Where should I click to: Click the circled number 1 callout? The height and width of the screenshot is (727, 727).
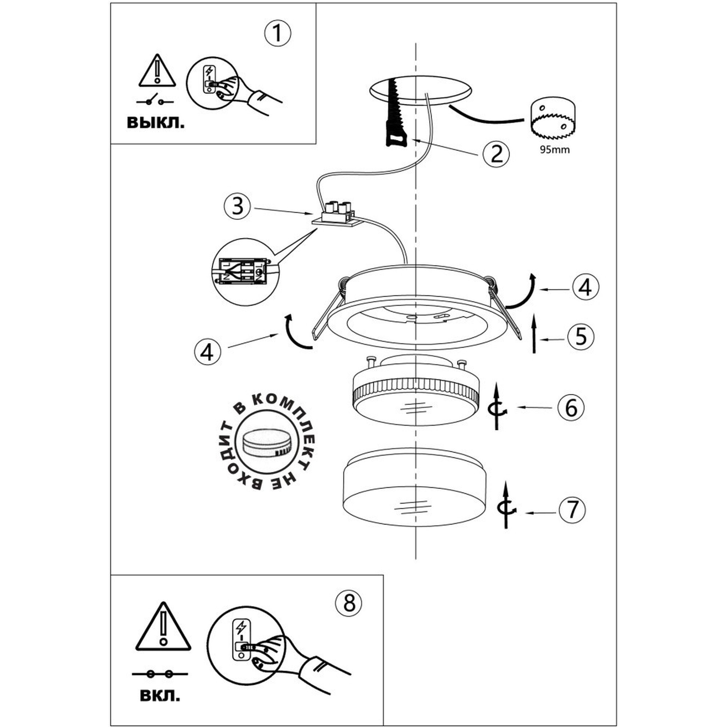pyautogui.click(x=278, y=33)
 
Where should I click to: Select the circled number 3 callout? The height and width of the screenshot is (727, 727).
pyautogui.click(x=237, y=206)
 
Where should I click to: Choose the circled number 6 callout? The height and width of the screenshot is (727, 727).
pyautogui.click(x=571, y=407)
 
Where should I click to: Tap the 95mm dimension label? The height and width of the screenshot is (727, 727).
pyautogui.click(x=555, y=150)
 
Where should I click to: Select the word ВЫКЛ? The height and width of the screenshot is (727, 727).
pyautogui.click(x=156, y=123)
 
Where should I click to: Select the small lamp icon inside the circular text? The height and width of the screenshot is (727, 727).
pyautogui.click(x=267, y=445)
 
